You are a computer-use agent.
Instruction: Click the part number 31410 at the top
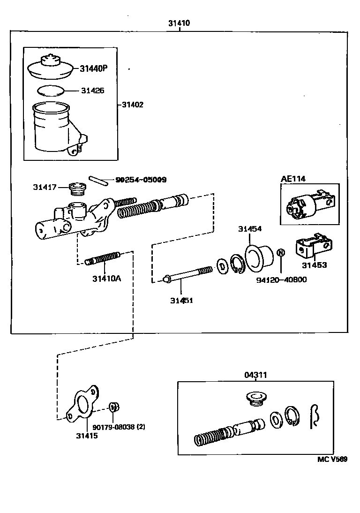(x=180, y=23)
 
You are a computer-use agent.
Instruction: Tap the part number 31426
(x=92, y=91)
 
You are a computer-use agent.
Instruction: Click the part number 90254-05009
(x=134, y=180)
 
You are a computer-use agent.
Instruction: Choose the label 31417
(x=45, y=187)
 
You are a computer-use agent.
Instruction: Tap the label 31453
(x=314, y=265)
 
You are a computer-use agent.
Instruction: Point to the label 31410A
(x=106, y=279)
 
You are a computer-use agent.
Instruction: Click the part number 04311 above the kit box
(x=255, y=375)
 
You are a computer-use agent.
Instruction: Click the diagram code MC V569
(x=332, y=460)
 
